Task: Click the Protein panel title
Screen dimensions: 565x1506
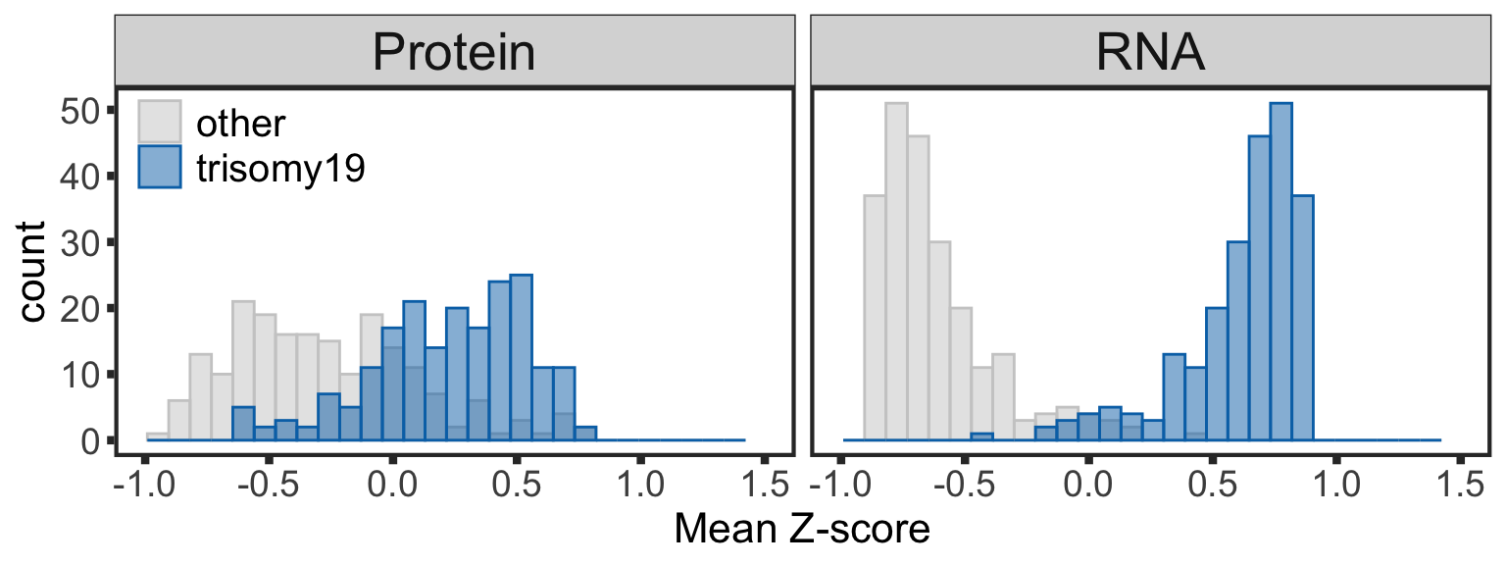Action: tap(454, 52)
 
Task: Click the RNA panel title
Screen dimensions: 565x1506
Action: tap(1151, 52)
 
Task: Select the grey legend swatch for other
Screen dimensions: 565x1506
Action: tap(159, 121)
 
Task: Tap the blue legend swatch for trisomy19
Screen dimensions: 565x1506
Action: tap(159, 168)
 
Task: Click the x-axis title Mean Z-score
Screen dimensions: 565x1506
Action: tap(801, 531)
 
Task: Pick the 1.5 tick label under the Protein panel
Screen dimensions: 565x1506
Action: tap(764, 485)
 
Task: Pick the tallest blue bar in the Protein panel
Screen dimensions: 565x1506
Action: tap(522, 358)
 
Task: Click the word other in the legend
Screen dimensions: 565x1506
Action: tap(241, 123)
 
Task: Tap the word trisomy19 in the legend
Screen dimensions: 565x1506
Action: tap(281, 169)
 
